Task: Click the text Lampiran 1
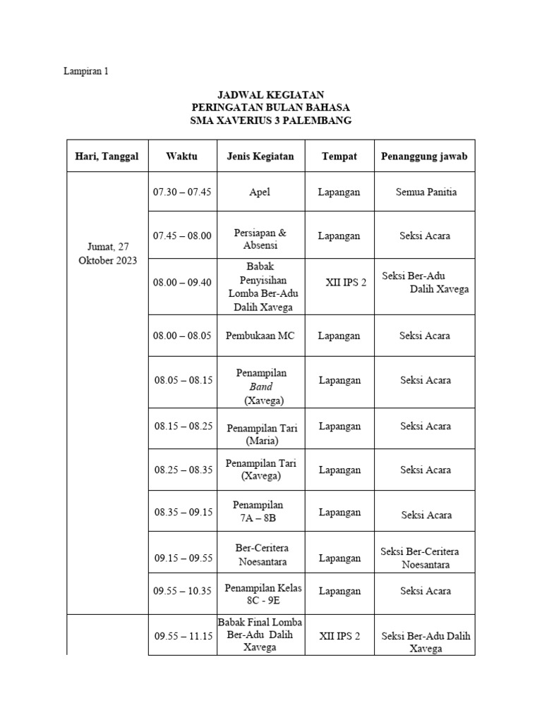[x=87, y=71]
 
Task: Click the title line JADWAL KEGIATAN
[x=272, y=94]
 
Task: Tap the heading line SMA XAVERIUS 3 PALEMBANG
[x=272, y=121]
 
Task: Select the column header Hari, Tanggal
[x=107, y=156]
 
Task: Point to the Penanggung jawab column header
[x=424, y=156]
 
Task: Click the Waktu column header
[x=182, y=156]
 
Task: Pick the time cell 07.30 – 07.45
[x=182, y=192]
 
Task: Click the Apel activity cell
[x=260, y=192]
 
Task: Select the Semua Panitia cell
[x=426, y=192]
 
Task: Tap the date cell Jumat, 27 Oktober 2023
[x=107, y=254]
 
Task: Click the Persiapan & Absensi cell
[x=260, y=239]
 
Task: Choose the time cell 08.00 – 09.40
[x=182, y=282]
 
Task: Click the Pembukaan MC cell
[x=260, y=336]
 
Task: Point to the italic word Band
[x=260, y=386]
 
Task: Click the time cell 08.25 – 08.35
[x=182, y=470]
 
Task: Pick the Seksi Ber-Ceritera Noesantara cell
[x=425, y=558]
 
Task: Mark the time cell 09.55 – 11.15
[x=183, y=636]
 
